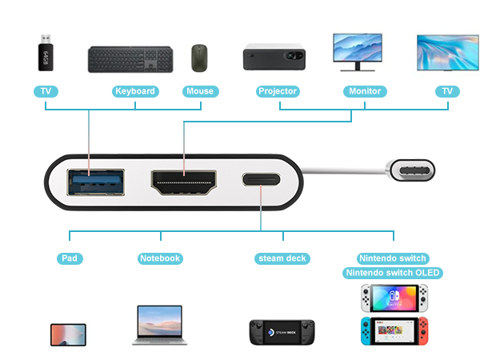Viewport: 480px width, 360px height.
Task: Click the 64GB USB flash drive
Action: click(46, 53)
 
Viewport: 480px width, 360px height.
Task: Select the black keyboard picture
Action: click(130, 59)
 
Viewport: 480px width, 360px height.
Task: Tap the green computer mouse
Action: click(199, 58)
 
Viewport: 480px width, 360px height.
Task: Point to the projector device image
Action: click(274, 57)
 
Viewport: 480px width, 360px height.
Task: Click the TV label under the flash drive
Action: click(46, 91)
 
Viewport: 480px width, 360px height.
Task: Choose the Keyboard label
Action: click(135, 91)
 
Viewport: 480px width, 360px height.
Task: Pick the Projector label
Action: click(278, 91)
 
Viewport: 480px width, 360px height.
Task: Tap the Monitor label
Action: click(365, 91)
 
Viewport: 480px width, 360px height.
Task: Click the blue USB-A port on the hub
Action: click(96, 182)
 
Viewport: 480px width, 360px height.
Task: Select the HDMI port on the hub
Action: click(184, 182)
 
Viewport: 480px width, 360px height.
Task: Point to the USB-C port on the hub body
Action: click(261, 179)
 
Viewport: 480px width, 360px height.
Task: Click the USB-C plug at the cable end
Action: click(410, 170)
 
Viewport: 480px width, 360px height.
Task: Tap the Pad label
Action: click(70, 258)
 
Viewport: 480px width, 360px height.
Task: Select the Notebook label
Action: click(160, 258)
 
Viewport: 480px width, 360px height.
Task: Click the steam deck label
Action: click(282, 258)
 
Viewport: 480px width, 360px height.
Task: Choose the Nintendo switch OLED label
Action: click(393, 273)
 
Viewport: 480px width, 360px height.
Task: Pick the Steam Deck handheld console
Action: click(282, 332)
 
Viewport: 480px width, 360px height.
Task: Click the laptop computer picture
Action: click(160, 325)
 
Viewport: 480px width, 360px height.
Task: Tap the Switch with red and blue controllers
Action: click(394, 331)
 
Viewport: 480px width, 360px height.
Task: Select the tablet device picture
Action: click(68, 335)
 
